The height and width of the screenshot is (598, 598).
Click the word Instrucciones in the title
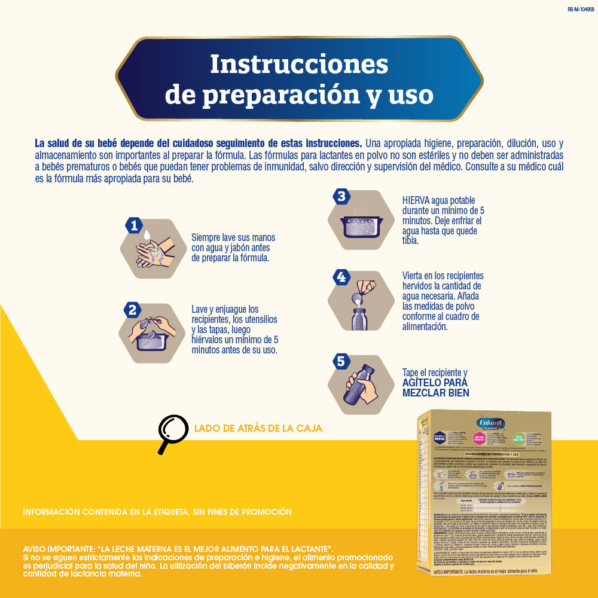(299, 64)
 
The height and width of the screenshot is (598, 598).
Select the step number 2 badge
(132, 310)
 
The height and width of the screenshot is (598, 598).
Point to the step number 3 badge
(341, 197)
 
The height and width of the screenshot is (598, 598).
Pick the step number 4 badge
(341, 277)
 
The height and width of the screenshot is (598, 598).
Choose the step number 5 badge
(341, 361)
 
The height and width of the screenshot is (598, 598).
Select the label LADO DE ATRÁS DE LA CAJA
(258, 428)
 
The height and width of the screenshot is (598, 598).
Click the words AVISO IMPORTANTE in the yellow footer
(57, 549)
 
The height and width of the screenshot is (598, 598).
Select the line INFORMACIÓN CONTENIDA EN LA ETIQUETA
(157, 512)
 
